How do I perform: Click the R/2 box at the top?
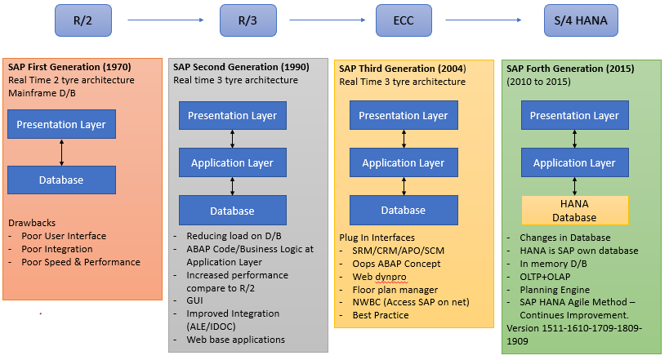pyautogui.click(x=83, y=20)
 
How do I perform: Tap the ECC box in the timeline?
pyautogui.click(x=404, y=20)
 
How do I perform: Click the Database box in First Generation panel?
pyautogui.click(x=62, y=180)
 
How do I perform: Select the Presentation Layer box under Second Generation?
pyautogui.click(x=232, y=116)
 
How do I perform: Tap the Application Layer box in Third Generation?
pyautogui.click(x=403, y=163)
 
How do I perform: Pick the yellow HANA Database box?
pyautogui.click(x=575, y=210)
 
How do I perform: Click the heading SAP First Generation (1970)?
pyautogui.click(x=69, y=66)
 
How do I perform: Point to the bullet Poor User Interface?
pyautogui.click(x=64, y=236)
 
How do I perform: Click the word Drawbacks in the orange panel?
pyautogui.click(x=32, y=222)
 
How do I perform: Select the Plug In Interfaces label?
pyautogui.click(x=378, y=237)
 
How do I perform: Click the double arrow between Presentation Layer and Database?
pyautogui.click(x=62, y=153)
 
